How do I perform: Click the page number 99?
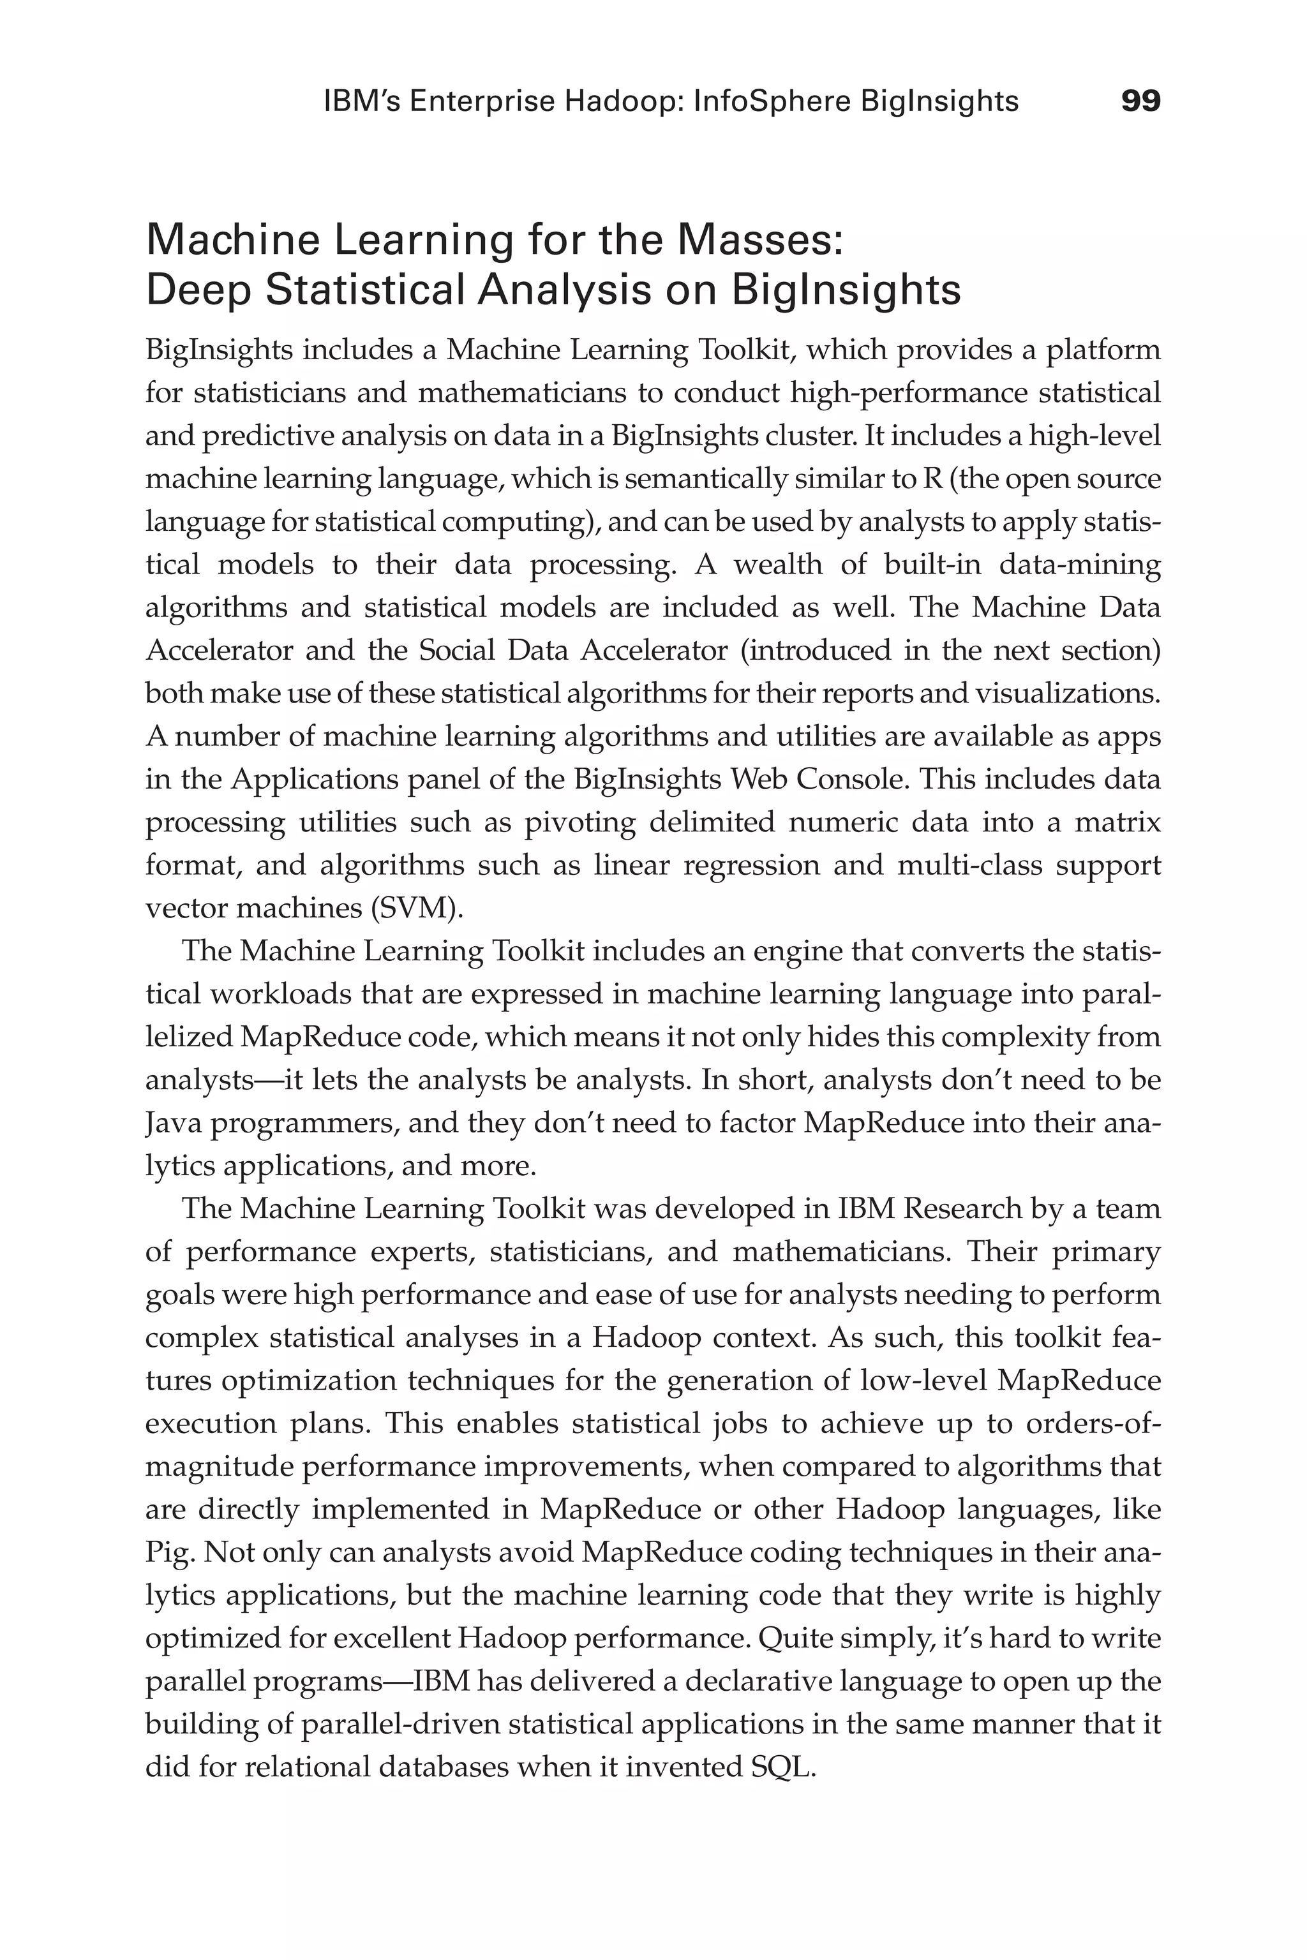pos(1140,101)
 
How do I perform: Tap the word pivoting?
pos(579,822)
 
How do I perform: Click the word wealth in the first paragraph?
pos(779,565)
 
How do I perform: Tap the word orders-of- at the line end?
pos(1093,1424)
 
